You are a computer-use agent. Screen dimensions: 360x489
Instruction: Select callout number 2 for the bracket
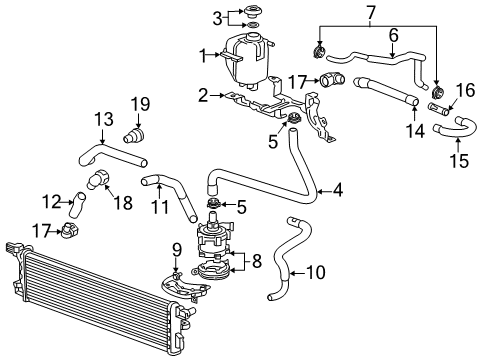(x=203, y=96)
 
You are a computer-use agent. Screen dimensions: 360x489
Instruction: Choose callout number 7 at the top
(x=371, y=12)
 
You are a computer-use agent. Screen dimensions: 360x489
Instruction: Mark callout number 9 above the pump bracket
(x=176, y=247)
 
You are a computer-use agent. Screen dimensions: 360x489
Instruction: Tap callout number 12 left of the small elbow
(x=57, y=200)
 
